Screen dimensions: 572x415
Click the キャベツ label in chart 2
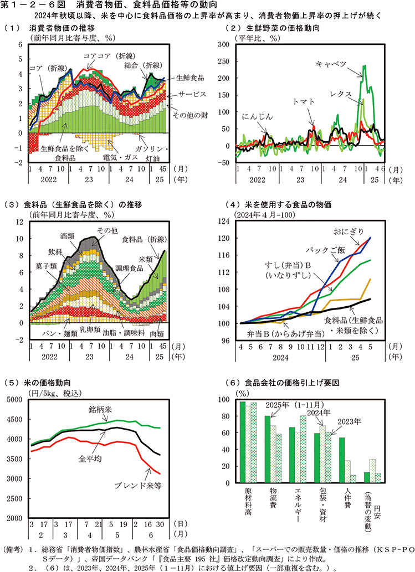pos(331,64)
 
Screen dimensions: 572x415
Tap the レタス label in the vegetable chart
pos(340,94)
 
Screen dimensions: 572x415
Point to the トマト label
pos(304,101)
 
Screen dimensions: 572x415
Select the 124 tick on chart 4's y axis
pos(227,221)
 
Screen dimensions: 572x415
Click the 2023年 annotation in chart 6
pos(349,421)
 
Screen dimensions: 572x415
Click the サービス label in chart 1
pos(192,95)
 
